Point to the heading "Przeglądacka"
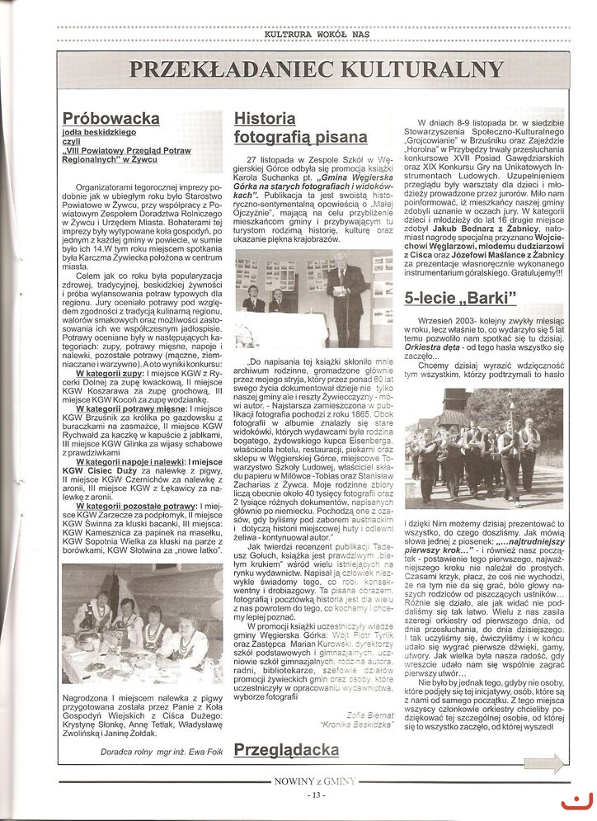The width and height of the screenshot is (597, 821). point(286,750)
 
